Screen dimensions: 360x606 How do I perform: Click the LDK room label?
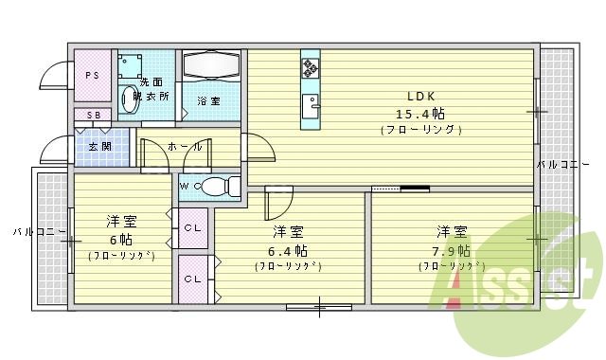420,97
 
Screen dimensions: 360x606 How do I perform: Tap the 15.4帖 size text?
420,113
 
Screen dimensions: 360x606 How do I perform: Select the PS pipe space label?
93,75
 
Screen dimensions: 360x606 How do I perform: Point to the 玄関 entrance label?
99,147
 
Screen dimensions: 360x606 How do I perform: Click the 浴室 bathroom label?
208,99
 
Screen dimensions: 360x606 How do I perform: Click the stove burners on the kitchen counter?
311,67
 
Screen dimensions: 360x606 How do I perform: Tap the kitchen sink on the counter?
310,102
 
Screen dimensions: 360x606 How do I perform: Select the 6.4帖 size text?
288,250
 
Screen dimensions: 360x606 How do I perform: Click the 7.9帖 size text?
452,250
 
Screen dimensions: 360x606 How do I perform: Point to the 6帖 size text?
120,240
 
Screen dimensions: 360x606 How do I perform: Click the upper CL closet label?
192,227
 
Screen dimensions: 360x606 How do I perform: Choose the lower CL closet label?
192,279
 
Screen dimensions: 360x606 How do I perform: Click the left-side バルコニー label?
38,231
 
